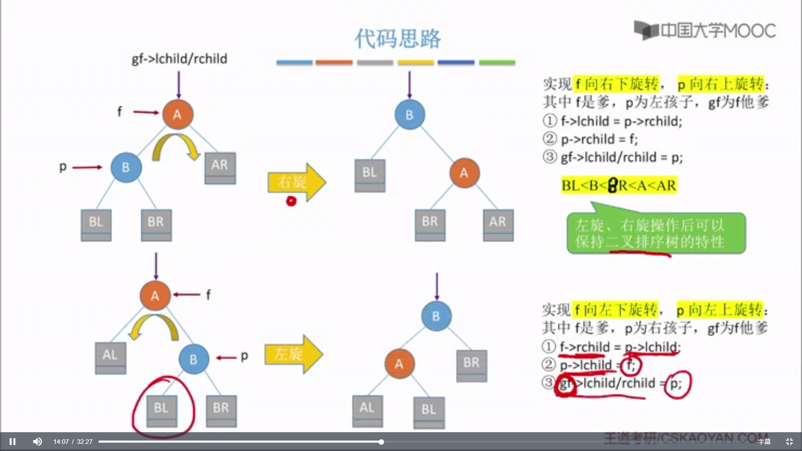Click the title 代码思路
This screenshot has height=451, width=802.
(x=397, y=38)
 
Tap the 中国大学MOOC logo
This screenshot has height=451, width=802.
(x=705, y=30)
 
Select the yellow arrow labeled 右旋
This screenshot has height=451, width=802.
(x=296, y=182)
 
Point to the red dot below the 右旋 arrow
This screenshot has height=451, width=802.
(x=291, y=201)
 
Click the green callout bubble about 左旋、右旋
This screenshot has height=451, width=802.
(x=656, y=233)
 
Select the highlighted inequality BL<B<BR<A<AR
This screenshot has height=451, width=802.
(x=619, y=185)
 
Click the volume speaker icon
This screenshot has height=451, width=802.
(x=38, y=441)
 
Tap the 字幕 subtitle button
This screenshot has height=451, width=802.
(x=764, y=441)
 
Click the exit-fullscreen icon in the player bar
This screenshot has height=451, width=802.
(x=789, y=441)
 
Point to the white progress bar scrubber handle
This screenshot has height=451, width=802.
(x=381, y=441)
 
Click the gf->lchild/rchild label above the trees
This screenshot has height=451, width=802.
(x=179, y=59)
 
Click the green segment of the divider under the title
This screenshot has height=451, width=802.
(x=497, y=63)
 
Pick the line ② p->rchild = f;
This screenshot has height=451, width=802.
(x=599, y=139)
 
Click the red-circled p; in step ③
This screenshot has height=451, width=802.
(x=676, y=384)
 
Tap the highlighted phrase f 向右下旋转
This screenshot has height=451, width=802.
(x=617, y=84)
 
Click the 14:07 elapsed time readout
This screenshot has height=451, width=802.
(x=61, y=442)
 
